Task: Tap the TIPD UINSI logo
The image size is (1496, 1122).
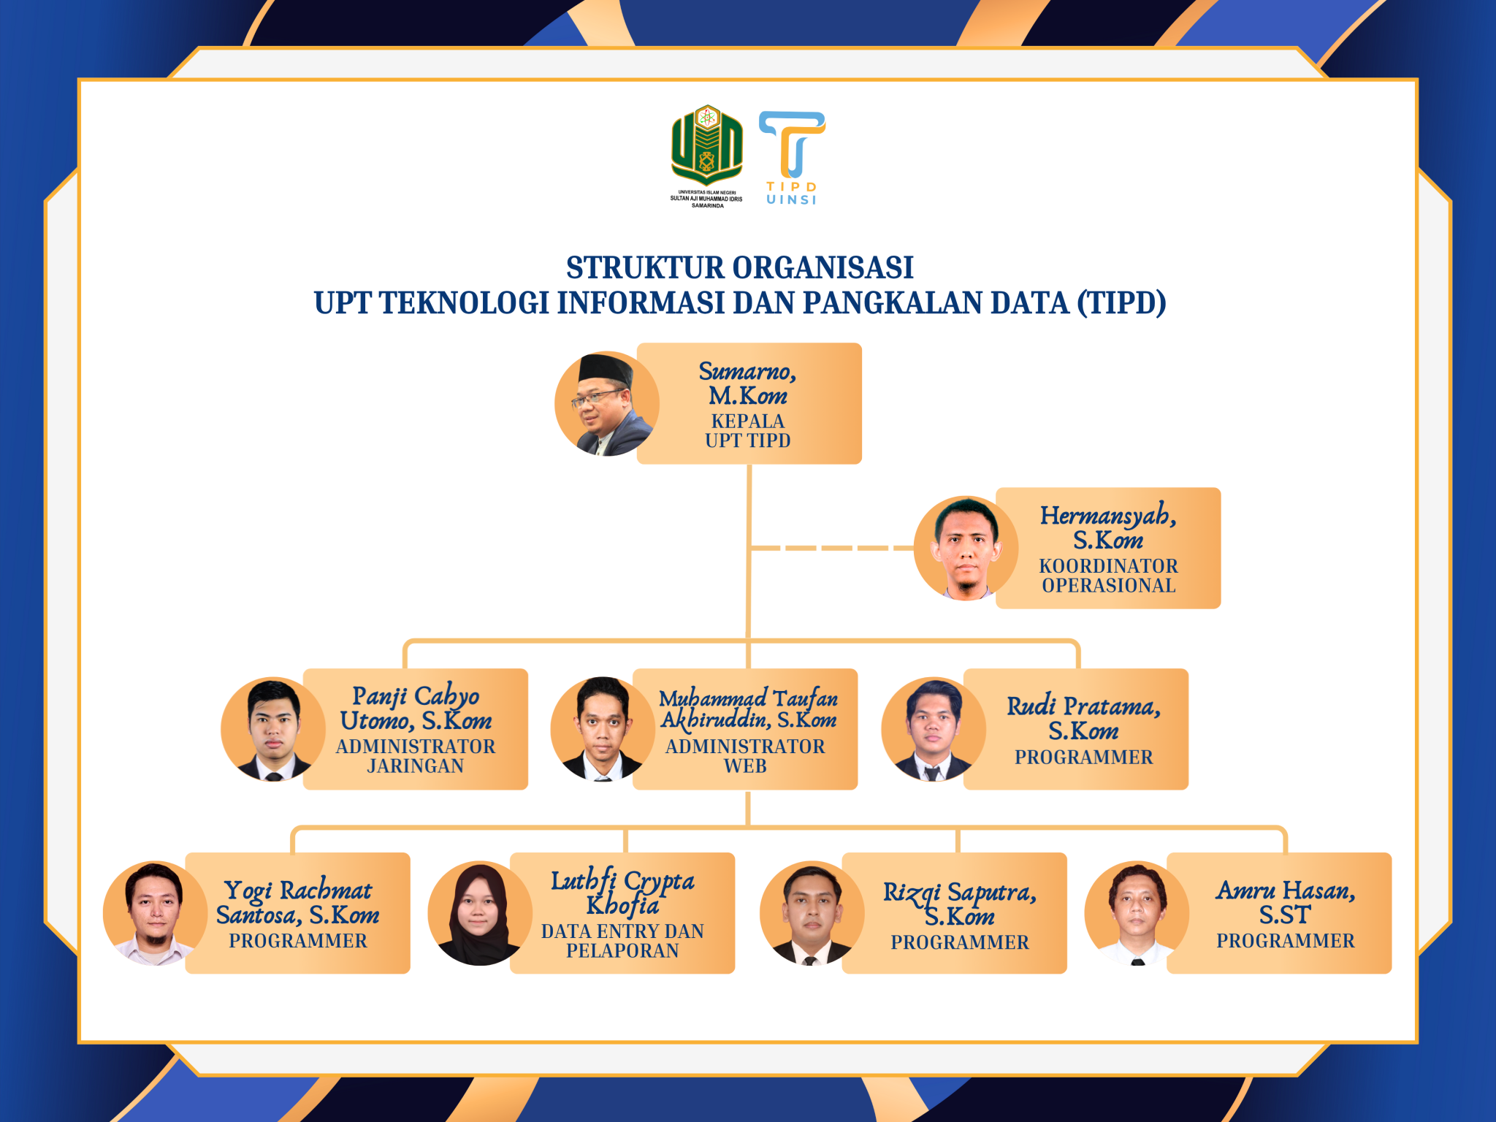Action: point(792,158)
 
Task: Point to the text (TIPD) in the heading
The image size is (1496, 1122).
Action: point(1121,302)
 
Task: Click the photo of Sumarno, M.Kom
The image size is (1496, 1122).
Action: point(607,404)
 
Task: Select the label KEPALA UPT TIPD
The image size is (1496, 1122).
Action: point(748,430)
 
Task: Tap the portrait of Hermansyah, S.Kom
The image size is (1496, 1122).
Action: point(966,548)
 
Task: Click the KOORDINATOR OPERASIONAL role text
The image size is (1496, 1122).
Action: point(1109,576)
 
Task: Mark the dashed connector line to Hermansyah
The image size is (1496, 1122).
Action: point(832,548)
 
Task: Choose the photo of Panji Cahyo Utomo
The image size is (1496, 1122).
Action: point(273,729)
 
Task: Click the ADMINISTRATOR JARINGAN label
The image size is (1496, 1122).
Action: point(416,756)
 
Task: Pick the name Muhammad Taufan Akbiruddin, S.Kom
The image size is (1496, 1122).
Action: point(749,709)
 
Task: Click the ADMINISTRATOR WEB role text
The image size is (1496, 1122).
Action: point(745,756)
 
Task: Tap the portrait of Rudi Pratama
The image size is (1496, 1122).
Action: point(934,729)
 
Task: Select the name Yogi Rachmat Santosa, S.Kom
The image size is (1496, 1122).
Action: point(298,903)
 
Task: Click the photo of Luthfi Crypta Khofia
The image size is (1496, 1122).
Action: point(480,913)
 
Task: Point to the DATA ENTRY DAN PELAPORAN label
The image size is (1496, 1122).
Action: point(622,941)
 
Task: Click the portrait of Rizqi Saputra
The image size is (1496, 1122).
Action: point(812,913)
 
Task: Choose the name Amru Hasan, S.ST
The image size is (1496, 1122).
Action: point(1286,902)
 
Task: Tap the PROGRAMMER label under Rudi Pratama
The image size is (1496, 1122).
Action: point(1084,757)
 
